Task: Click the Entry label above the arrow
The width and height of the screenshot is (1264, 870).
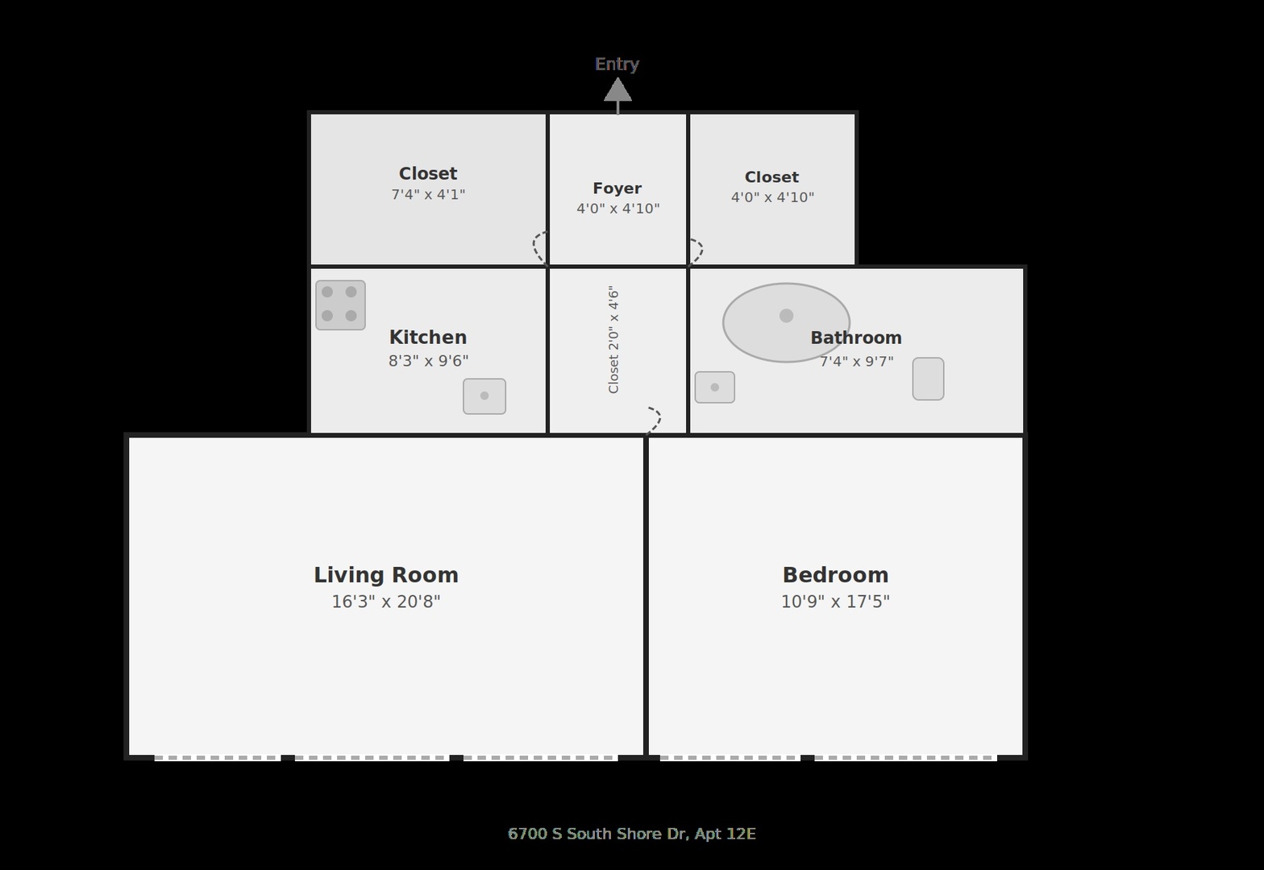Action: tap(617, 64)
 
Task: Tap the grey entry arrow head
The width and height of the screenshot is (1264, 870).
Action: tap(617, 89)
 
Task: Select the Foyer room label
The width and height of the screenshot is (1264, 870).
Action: tap(617, 188)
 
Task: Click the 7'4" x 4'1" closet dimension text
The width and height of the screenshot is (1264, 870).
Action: tap(428, 194)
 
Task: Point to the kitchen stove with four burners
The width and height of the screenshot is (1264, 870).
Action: tap(340, 305)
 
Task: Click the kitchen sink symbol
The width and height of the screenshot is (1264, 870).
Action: tap(484, 396)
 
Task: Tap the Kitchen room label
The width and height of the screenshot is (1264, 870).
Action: tap(428, 338)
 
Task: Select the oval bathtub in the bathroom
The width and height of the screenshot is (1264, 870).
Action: tap(786, 322)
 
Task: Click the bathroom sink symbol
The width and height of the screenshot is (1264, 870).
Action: tap(714, 387)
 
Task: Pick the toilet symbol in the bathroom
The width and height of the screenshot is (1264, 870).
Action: tap(929, 379)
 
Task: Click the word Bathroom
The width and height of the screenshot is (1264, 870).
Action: tap(856, 338)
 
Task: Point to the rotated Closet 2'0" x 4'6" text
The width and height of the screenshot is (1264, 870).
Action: tap(614, 339)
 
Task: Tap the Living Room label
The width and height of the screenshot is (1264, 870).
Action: tap(386, 575)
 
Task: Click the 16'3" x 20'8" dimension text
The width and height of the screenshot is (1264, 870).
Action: tap(386, 602)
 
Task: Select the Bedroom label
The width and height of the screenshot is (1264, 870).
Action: tap(835, 575)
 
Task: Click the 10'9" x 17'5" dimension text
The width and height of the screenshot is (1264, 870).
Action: tap(835, 602)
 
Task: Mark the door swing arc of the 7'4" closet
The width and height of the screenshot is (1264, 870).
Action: tap(534, 247)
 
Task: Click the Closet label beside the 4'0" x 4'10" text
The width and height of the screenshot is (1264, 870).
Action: tap(771, 177)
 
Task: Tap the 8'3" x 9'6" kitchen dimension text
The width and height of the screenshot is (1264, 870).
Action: tap(428, 361)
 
